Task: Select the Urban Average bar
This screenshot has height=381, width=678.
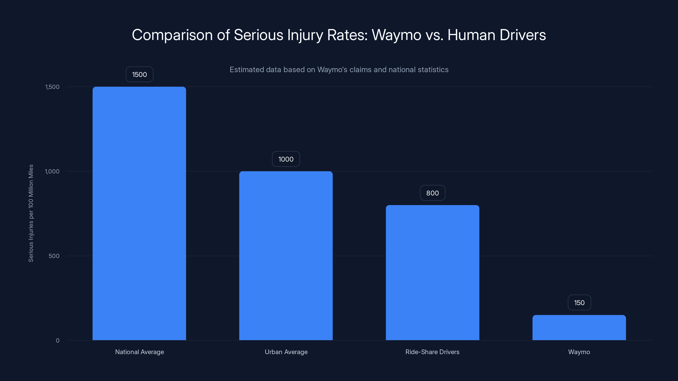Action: (x=286, y=255)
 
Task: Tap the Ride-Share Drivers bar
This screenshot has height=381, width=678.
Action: (x=432, y=272)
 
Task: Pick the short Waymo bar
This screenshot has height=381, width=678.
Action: (x=579, y=327)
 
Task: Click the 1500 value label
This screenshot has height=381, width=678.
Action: (x=139, y=75)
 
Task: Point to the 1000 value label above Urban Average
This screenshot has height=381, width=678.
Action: (x=286, y=159)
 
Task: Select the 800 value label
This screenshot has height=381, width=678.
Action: (x=432, y=193)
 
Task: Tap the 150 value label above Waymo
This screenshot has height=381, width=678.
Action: (x=579, y=303)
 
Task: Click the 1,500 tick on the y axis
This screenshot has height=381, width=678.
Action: (x=52, y=87)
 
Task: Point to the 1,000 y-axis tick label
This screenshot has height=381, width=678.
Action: (x=52, y=171)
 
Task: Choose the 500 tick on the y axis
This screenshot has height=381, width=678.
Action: (x=54, y=256)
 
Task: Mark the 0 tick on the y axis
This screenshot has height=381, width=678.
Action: (x=58, y=341)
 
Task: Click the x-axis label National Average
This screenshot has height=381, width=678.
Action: (x=139, y=352)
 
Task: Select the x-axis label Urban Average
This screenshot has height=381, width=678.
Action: (x=286, y=352)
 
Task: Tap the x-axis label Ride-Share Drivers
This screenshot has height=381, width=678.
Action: (x=432, y=352)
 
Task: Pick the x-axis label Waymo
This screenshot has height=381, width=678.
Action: (x=579, y=352)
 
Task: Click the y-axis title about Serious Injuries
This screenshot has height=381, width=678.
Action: (x=31, y=213)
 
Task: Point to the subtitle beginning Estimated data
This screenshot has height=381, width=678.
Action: (x=339, y=70)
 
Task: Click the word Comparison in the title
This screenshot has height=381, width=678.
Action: (x=172, y=35)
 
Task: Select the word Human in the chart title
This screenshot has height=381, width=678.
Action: (x=471, y=35)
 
